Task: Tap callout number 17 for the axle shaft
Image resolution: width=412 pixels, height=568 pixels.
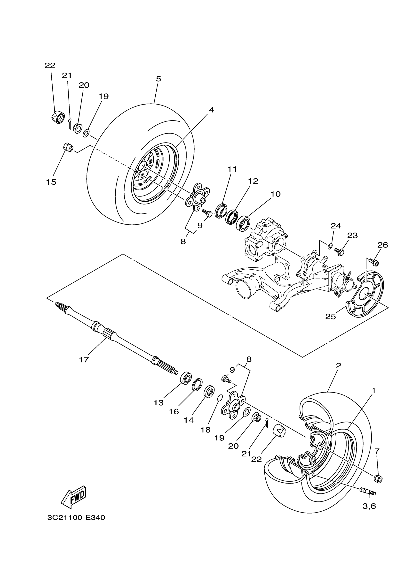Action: coord(84,360)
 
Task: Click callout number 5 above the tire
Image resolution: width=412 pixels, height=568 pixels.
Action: coord(158,79)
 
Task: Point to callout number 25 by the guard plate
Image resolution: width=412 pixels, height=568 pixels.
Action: coord(330,317)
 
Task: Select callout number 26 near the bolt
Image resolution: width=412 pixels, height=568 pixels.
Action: coord(382,245)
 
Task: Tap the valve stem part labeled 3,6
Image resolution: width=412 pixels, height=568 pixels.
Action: coord(368,491)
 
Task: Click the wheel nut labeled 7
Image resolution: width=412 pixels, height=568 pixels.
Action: coord(378,479)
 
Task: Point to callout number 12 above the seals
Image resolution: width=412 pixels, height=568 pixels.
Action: coord(253,181)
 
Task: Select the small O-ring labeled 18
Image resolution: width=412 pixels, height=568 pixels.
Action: coord(219,397)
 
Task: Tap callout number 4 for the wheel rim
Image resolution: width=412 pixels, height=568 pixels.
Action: coord(211,110)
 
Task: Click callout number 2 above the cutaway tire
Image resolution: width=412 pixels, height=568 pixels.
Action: coord(338,365)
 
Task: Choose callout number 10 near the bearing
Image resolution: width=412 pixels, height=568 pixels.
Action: coord(275,194)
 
